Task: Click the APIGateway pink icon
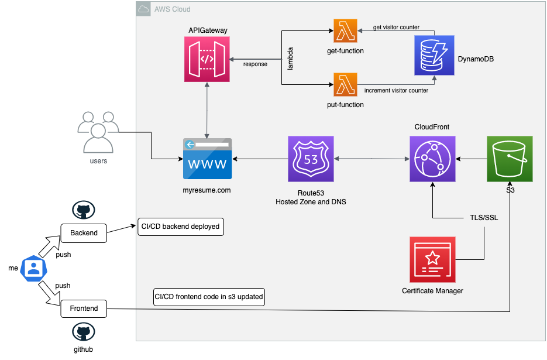tap(207, 60)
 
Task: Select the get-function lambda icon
tap(345, 30)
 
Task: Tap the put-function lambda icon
tap(345, 85)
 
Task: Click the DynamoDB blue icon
tap(435, 55)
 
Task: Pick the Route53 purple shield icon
tap(311, 159)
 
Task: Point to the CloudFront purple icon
tap(432, 159)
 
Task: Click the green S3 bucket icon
tap(510, 159)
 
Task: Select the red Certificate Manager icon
tap(432, 258)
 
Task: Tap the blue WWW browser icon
tap(207, 159)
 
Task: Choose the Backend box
tap(84, 232)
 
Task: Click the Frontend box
tap(84, 308)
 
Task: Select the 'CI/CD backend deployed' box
tap(180, 227)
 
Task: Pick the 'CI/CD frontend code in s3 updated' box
tap(208, 297)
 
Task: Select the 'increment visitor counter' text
tap(396, 91)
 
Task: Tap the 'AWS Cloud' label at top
tap(171, 9)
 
